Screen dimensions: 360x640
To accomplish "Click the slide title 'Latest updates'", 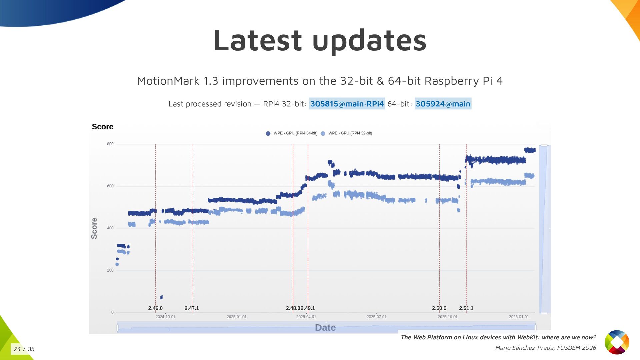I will pyautogui.click(x=320, y=40).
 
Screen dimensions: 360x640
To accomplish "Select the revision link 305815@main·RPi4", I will pyautogui.click(x=347, y=104).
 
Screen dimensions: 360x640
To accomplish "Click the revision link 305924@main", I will pyautogui.click(x=443, y=104).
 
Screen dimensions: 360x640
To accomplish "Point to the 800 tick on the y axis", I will pyautogui.click(x=110, y=144).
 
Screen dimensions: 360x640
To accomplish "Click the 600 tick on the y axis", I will pyautogui.click(x=110, y=186).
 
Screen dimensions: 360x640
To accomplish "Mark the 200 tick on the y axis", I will pyautogui.click(x=110, y=270).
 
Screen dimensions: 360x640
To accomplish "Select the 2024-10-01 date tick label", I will pyautogui.click(x=165, y=317).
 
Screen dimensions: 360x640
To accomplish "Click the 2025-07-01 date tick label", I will pyautogui.click(x=376, y=317).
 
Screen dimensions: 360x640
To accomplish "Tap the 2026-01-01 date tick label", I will pyautogui.click(x=519, y=317).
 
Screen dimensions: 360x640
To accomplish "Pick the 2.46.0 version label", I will pyautogui.click(x=155, y=308).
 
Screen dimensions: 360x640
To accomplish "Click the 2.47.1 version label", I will pyautogui.click(x=192, y=308).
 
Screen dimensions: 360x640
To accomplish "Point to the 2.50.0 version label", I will pyautogui.click(x=439, y=308).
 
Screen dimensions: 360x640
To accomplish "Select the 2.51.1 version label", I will pyautogui.click(x=466, y=308).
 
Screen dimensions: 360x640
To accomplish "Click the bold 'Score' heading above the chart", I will pyautogui.click(x=102, y=127).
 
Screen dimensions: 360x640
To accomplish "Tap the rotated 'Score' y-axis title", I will pyautogui.click(x=94, y=228).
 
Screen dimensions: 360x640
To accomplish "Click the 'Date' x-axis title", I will pyautogui.click(x=325, y=328).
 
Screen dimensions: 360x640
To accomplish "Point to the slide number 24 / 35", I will pyautogui.click(x=24, y=349).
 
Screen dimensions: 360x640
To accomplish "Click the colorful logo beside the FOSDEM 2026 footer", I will pyautogui.click(x=617, y=342).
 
